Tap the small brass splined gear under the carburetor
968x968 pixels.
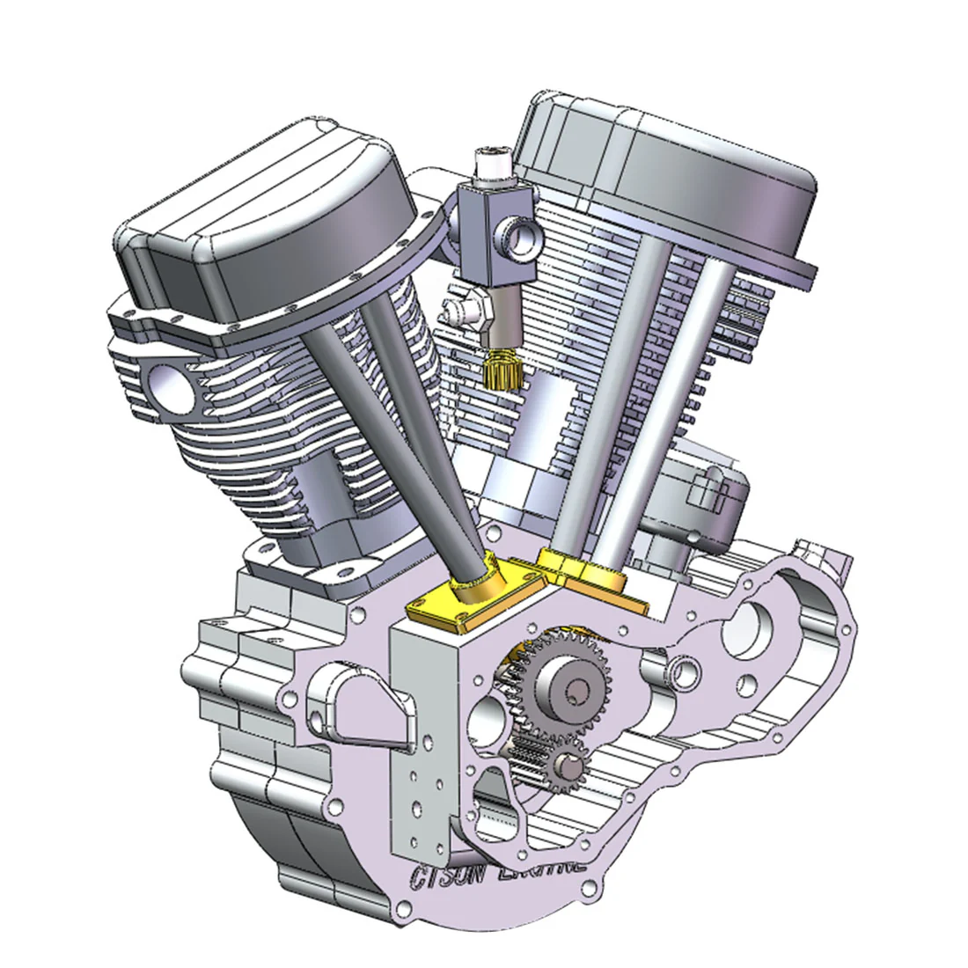(x=499, y=370)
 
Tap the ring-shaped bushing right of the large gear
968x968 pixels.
(x=683, y=673)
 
